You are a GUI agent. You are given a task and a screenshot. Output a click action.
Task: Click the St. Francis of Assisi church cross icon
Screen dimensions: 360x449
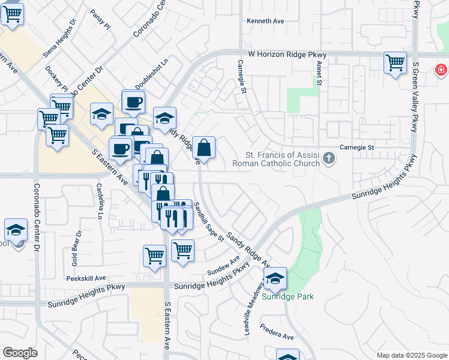[x=328, y=158]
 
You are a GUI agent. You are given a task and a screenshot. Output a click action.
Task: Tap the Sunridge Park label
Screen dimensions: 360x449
[x=288, y=296]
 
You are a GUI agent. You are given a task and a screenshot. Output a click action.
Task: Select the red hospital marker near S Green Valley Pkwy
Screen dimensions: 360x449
[x=441, y=70]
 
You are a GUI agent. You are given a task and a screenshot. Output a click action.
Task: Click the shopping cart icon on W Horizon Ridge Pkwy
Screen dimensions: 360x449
[x=395, y=62]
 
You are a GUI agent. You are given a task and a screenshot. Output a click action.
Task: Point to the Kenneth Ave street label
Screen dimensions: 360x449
[x=265, y=21]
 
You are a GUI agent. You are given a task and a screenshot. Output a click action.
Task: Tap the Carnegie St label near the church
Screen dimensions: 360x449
[x=357, y=147]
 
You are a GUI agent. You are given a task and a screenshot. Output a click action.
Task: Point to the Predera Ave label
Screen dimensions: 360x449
[x=277, y=332]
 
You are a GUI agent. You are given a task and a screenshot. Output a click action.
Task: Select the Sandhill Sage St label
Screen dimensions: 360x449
[x=208, y=221]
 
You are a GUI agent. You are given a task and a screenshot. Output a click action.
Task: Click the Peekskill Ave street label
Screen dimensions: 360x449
[x=86, y=278]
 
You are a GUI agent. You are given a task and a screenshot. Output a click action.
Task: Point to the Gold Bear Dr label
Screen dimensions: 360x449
[x=76, y=248]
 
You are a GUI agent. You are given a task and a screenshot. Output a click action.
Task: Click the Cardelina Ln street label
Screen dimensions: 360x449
[x=100, y=200]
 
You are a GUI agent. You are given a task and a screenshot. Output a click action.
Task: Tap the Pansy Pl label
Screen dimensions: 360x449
[x=100, y=19]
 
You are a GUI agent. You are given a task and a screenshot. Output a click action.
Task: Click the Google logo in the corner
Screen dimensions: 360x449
[x=20, y=353]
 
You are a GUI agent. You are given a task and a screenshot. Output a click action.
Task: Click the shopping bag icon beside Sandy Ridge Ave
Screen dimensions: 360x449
[x=204, y=148]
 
